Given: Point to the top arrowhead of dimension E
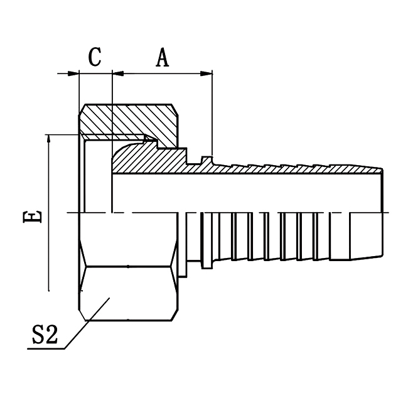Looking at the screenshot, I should click(x=49, y=139).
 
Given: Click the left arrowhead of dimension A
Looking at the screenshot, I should click(x=117, y=74).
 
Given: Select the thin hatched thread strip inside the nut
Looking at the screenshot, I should click(x=113, y=136).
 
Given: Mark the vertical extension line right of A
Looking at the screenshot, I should click(x=212, y=113).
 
